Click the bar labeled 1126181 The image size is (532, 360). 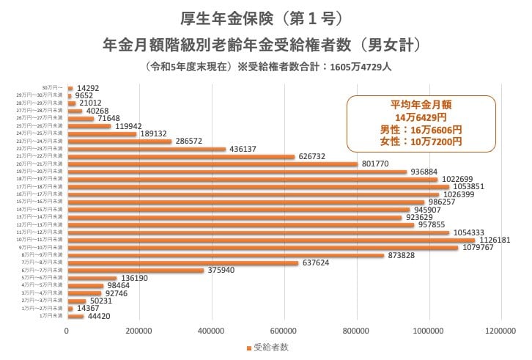pos(271,240)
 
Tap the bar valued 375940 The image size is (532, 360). pos(136,271)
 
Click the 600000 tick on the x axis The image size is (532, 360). pos(284,330)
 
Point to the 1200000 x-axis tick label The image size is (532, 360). pos(502,330)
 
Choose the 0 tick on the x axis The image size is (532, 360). pos(67,330)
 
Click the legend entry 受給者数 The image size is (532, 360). pos(269,347)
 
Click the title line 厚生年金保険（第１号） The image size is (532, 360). pos(262,17)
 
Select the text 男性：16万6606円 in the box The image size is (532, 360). pos(421,128)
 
